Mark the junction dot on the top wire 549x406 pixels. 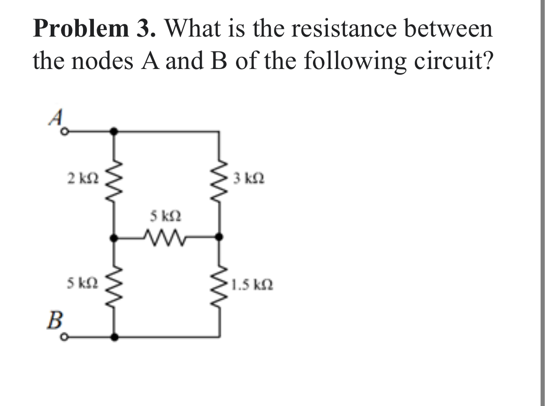[114, 132]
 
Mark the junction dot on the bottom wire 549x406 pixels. [114, 337]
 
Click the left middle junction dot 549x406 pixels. [114, 238]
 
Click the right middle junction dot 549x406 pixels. [219, 238]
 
